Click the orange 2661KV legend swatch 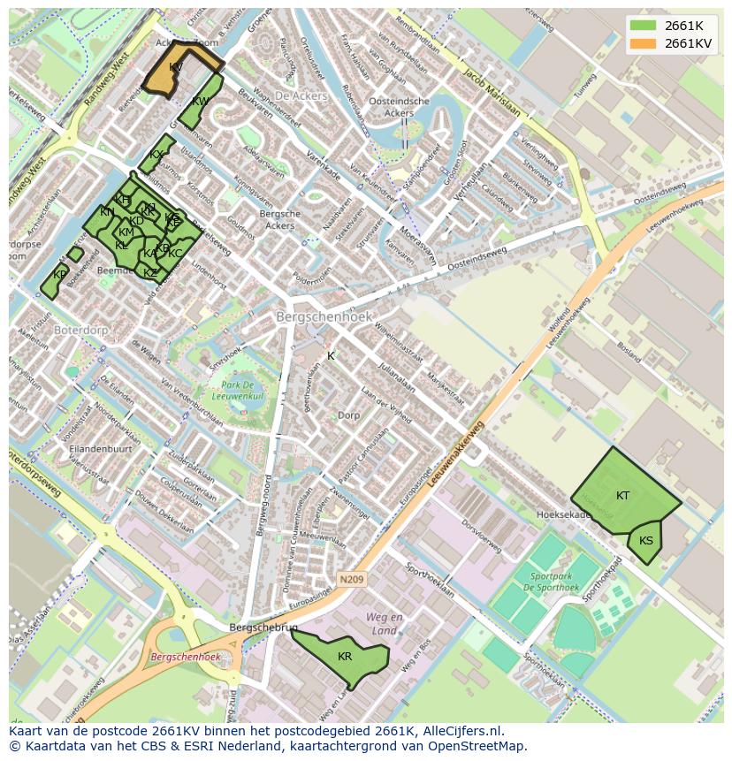643,43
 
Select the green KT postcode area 623,495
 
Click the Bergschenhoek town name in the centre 324,316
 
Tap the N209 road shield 351,580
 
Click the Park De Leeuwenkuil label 237,392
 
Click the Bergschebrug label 251,627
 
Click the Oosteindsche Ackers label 399,107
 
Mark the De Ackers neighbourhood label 301,95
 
